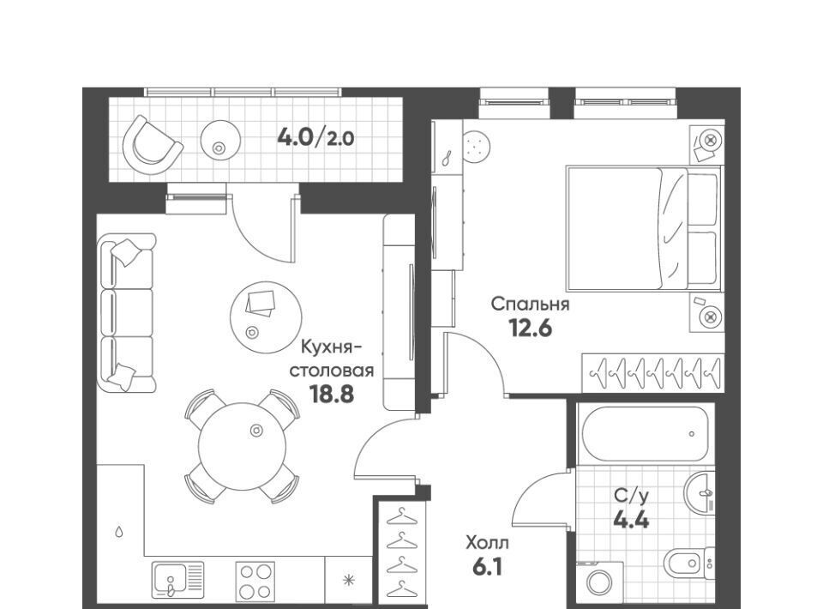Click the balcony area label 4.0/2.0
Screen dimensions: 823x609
(x=315, y=137)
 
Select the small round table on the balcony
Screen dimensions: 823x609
(x=220, y=140)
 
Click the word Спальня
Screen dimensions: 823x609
(x=530, y=304)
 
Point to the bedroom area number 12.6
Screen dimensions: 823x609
(x=530, y=329)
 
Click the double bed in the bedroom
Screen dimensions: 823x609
(x=645, y=229)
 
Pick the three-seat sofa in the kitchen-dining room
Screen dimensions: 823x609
(x=127, y=313)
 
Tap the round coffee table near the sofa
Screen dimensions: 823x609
(x=266, y=317)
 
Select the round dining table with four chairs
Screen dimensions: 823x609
(x=243, y=446)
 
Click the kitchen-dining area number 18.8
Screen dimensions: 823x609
(x=332, y=394)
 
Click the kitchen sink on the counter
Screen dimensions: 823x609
(x=177, y=581)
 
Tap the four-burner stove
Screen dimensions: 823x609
(x=255, y=582)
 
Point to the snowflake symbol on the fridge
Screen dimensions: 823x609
(x=347, y=581)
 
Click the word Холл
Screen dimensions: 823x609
(x=487, y=542)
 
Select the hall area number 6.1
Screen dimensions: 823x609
(x=487, y=567)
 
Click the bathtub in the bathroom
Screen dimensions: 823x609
(x=645, y=434)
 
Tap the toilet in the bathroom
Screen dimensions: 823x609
(x=688, y=565)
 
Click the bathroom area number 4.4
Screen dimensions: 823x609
(x=632, y=520)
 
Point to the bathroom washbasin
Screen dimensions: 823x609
(x=700, y=492)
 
